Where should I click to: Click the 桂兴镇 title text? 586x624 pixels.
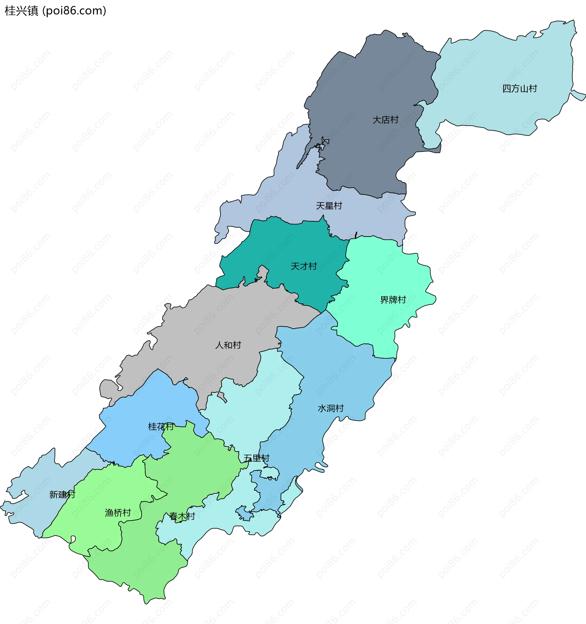(21, 11)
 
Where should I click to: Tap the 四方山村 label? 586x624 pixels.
(520, 88)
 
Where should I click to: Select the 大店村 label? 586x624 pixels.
(385, 120)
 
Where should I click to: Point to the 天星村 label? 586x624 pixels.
(329, 206)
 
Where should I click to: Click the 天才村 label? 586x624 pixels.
(304, 266)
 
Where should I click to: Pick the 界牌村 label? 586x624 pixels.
(393, 300)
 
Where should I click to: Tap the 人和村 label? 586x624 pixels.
(228, 345)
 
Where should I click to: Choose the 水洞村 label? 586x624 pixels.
(331, 408)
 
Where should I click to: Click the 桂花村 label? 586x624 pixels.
(161, 426)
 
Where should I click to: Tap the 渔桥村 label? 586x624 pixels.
(118, 513)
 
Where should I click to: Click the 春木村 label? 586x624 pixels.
(182, 516)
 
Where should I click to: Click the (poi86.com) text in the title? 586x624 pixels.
(74, 11)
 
